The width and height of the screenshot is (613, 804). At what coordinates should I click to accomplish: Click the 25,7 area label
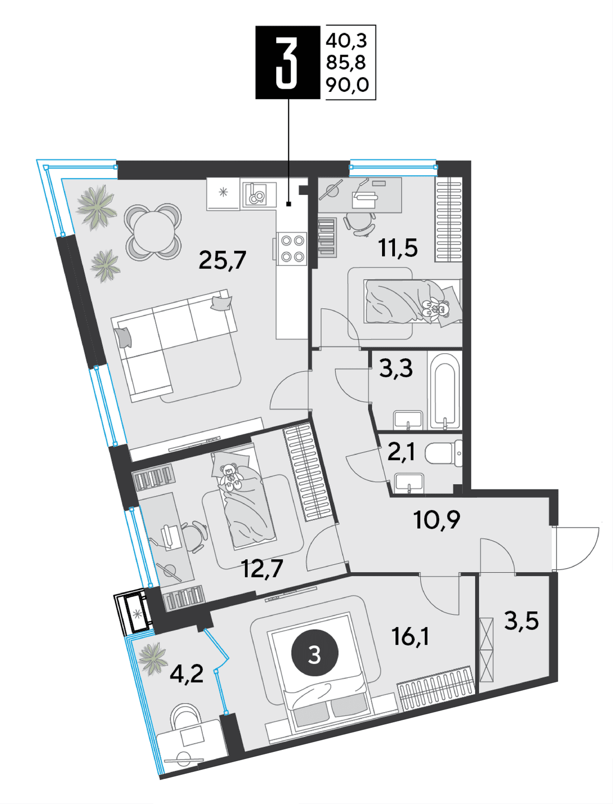222,260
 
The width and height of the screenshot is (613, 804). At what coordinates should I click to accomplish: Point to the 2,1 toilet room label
401,453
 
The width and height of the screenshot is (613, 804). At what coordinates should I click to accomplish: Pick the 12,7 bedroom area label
263,569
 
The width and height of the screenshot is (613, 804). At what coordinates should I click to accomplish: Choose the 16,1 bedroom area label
410,636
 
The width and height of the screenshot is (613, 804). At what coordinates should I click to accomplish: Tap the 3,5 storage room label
522,621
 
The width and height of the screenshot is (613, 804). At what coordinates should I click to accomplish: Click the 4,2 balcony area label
186,674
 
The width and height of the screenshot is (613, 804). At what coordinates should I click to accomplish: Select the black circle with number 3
315,652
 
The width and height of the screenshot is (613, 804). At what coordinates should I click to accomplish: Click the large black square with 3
288,62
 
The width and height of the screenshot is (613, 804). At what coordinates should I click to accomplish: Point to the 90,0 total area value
347,85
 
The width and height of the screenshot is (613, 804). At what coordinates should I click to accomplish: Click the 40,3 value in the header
346,40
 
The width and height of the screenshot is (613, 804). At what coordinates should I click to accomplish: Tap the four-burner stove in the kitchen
292,249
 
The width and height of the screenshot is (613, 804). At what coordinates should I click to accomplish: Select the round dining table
153,232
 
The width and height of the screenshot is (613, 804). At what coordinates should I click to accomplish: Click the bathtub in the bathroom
444,391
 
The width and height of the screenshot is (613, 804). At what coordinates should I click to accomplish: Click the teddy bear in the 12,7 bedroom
230,477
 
